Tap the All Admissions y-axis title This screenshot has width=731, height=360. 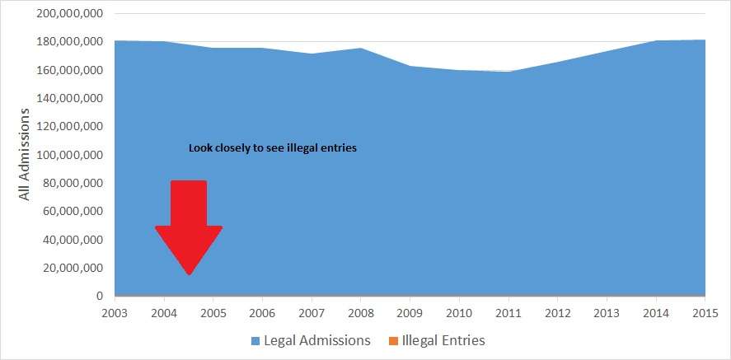[x=25, y=153]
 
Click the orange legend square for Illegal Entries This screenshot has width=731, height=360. [x=393, y=340]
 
